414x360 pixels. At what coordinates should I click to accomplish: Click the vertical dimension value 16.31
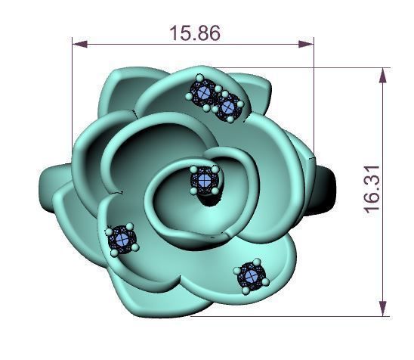[371, 191]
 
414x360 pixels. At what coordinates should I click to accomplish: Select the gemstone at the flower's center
[205, 181]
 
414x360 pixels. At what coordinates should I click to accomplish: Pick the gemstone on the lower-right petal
[250, 275]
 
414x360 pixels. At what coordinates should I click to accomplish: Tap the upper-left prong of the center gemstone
[194, 170]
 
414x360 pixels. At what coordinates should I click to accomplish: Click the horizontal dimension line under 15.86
[136, 44]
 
